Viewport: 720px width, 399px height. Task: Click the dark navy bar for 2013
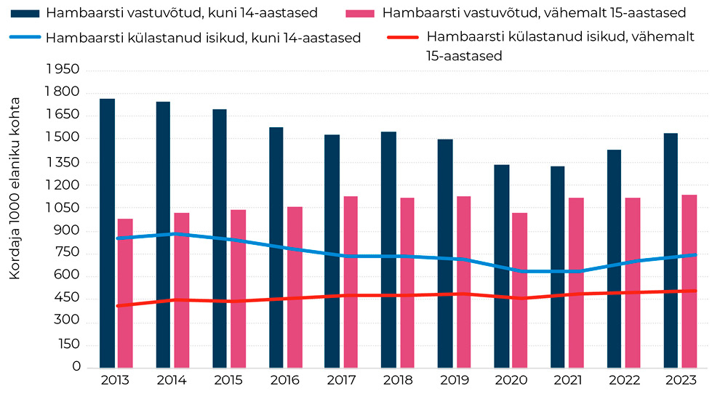tap(107, 233)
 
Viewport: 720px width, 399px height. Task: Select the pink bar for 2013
tap(124, 293)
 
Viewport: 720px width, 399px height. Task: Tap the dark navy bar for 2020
tap(502, 266)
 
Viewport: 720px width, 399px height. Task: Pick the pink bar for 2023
tap(689, 281)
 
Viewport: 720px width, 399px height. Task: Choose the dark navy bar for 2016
tap(276, 247)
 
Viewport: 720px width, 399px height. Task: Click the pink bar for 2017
tap(351, 281)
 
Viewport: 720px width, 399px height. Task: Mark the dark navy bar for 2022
tap(615, 258)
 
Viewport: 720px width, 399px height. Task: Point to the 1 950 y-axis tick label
tap(62, 70)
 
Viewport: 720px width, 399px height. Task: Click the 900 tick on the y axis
tap(67, 231)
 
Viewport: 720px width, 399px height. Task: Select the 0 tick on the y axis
tap(76, 368)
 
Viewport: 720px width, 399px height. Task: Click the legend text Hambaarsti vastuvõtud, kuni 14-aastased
tap(181, 13)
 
